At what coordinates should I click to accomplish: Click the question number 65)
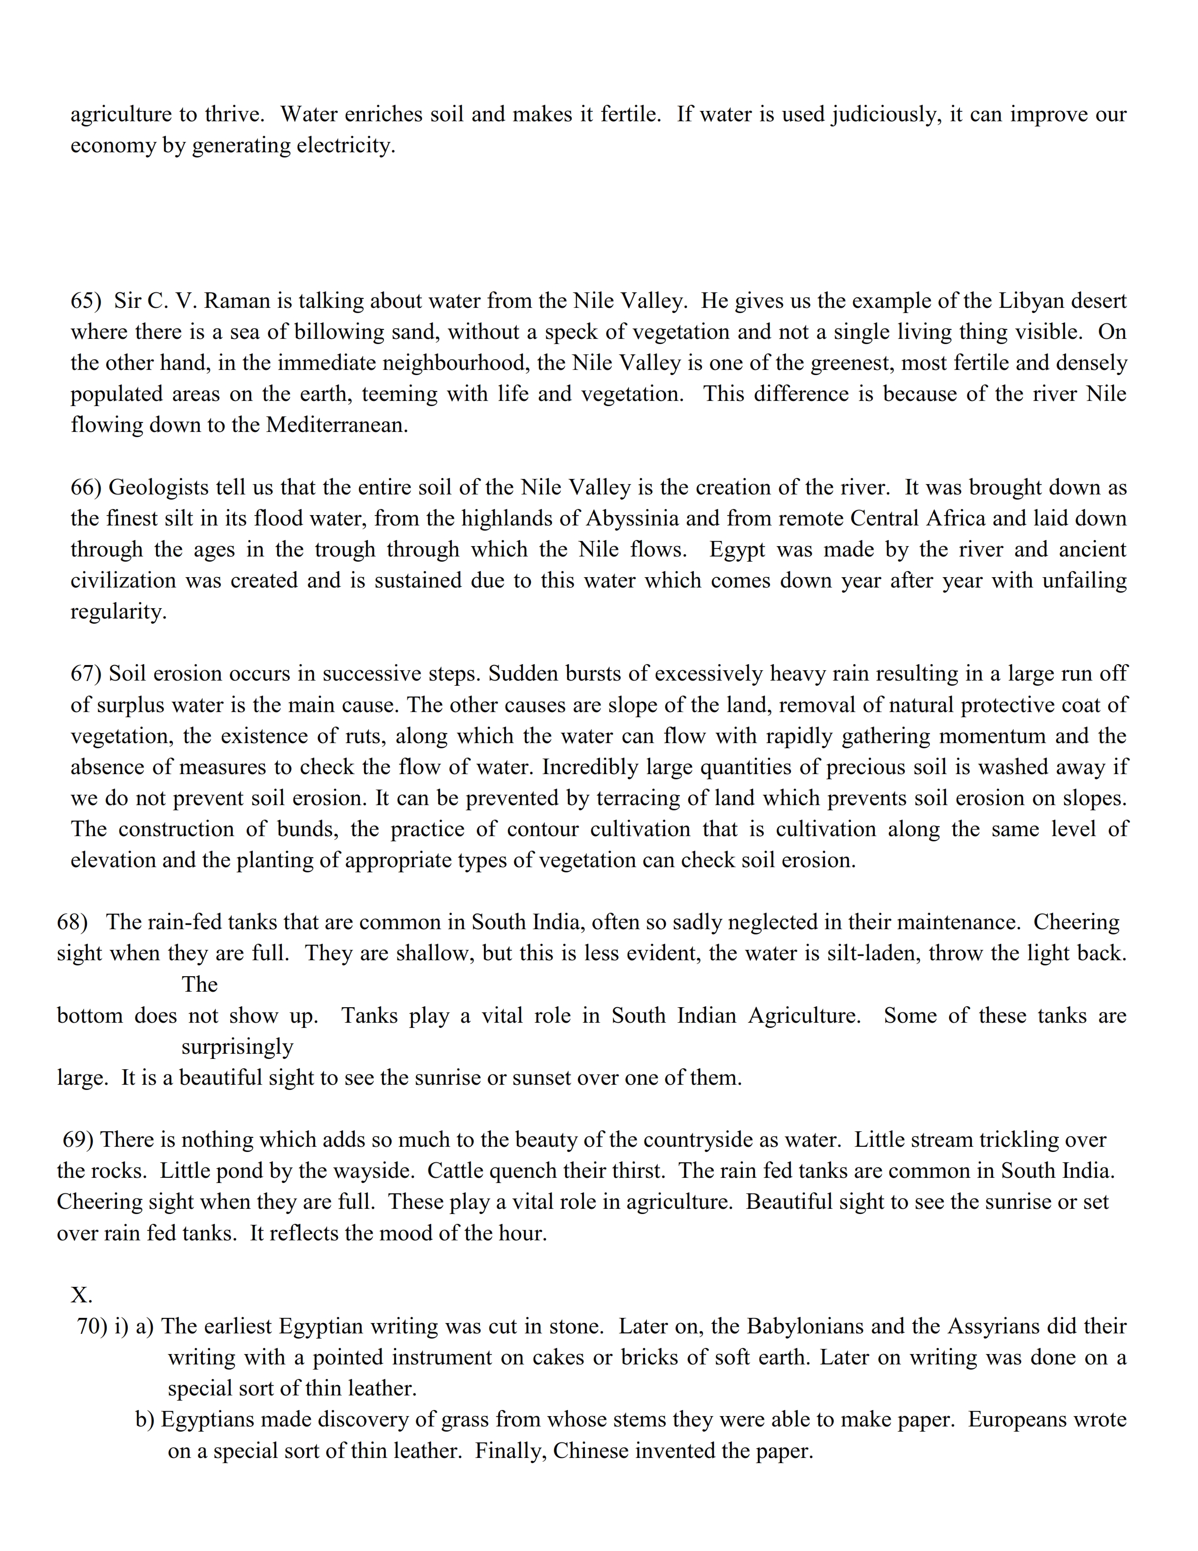86,301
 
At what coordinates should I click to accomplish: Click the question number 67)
86,674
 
